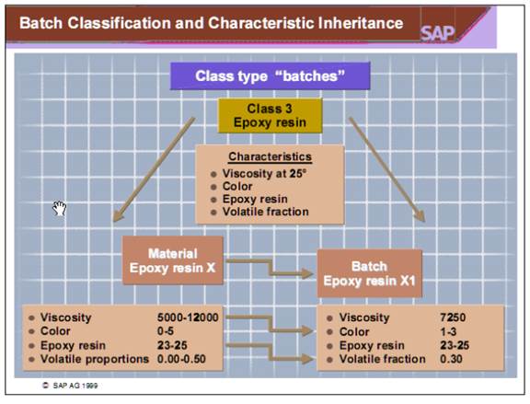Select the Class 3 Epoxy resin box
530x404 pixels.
click(270, 115)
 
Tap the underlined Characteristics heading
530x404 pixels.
click(270, 156)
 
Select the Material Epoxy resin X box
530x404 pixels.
click(174, 260)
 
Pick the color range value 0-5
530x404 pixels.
click(168, 330)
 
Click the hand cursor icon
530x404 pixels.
click(61, 208)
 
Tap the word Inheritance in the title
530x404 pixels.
click(352, 22)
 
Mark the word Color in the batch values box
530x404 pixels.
click(355, 330)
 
